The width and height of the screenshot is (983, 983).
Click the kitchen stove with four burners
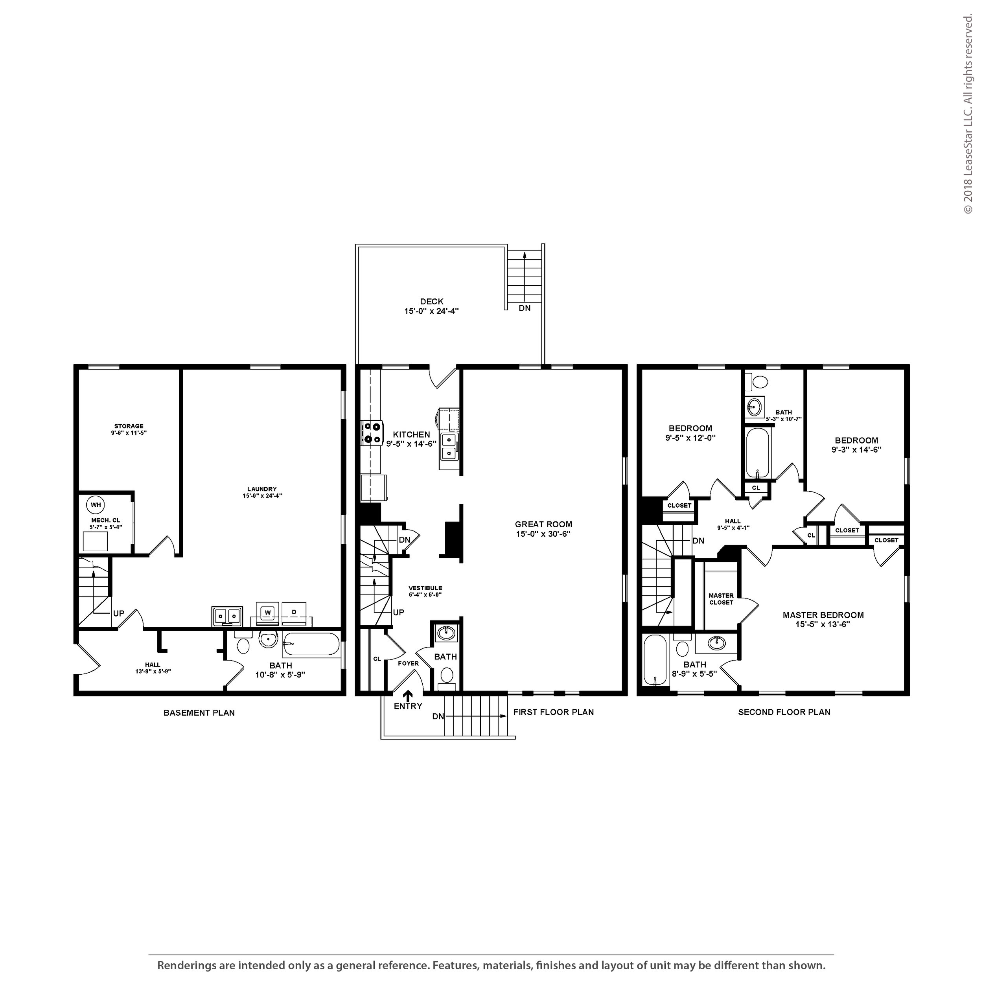tap(372, 433)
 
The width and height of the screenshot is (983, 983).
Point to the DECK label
tap(431, 301)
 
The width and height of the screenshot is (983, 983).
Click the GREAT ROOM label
tap(543, 524)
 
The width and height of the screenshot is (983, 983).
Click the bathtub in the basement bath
tap(311, 644)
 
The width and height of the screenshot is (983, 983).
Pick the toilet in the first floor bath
tap(447, 678)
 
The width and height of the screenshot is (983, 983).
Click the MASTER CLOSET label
tap(721, 599)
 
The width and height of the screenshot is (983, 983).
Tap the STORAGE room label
tap(129, 426)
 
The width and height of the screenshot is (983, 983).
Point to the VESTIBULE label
tap(425, 588)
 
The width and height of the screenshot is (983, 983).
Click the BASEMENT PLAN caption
tap(199, 713)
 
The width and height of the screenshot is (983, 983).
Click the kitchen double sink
tap(449, 446)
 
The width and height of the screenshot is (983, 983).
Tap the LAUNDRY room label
tap(262, 489)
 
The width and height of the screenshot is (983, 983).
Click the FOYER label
tap(408, 663)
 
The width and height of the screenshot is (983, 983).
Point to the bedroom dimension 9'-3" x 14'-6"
tap(856, 450)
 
